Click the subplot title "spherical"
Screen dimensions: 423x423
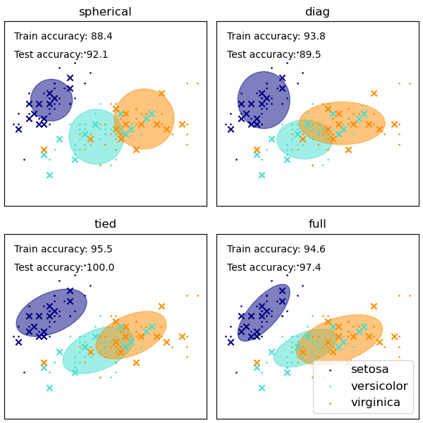[x=105, y=12]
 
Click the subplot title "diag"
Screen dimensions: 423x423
[x=317, y=12]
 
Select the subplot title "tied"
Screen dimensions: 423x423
[x=105, y=224]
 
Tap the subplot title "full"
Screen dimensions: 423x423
[x=317, y=224]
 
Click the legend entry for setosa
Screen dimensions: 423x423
[x=369, y=369]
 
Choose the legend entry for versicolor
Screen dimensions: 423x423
[x=379, y=386]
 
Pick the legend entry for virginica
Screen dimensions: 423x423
[x=376, y=403]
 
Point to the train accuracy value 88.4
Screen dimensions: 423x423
[x=101, y=37]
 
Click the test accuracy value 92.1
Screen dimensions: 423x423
[x=97, y=55]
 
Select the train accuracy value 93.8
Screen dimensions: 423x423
[x=314, y=37]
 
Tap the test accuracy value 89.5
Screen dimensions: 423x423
[x=309, y=55]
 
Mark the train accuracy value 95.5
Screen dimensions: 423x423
[x=101, y=249]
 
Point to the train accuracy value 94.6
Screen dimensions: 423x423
[x=314, y=249]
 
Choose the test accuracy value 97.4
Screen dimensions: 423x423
[x=309, y=268]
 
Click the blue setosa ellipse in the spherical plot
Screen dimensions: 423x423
[x=51, y=100]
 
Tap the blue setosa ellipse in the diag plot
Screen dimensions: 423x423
[x=264, y=100]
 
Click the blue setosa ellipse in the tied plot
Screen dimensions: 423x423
[x=51, y=312]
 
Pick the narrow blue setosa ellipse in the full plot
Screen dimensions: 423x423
[x=264, y=312]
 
